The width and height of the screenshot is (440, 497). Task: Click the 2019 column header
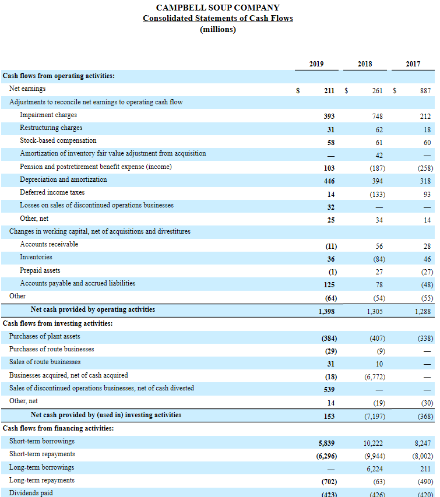tap(316, 64)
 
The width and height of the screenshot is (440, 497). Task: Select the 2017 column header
tap(413, 64)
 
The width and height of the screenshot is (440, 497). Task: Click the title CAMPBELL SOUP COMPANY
tap(218, 8)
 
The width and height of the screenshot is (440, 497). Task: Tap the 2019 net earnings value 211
tap(329, 90)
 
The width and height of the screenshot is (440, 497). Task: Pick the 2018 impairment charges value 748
tap(377, 116)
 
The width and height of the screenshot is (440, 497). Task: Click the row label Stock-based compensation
tap(58, 140)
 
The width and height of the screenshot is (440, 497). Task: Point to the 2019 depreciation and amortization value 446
tap(329, 181)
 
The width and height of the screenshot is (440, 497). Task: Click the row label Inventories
tap(36, 257)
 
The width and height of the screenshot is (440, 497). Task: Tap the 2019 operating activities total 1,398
tap(326, 312)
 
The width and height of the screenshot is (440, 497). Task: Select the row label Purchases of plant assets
tap(45, 336)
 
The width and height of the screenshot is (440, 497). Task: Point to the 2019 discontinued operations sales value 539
tap(329, 389)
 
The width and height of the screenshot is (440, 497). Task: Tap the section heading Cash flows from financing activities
tap(58, 428)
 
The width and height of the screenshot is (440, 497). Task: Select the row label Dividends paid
tap(31, 493)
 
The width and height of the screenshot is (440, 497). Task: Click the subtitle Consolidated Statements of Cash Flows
tap(218, 18)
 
